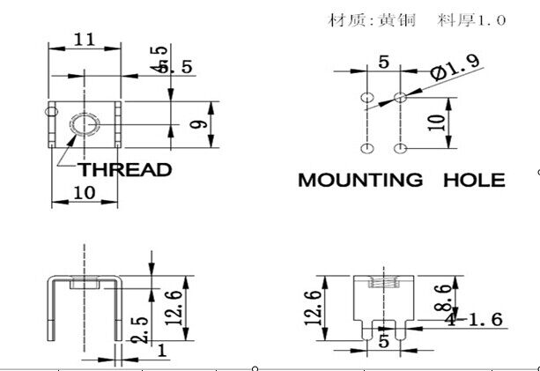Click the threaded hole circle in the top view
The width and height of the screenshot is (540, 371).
(85, 124)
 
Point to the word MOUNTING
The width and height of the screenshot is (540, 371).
(359, 181)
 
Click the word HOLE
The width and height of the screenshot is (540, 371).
(473, 181)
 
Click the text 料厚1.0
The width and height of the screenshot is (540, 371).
(470, 19)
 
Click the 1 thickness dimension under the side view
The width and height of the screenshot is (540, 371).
(161, 350)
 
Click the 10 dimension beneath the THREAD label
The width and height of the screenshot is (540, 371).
(85, 193)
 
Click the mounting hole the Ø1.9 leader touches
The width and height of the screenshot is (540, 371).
(401, 96)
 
